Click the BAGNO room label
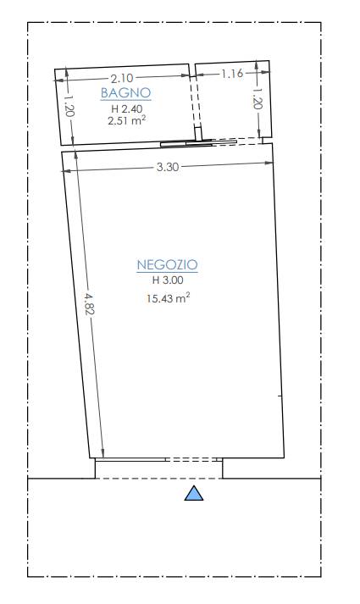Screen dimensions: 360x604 125,93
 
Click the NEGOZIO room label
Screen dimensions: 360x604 167,265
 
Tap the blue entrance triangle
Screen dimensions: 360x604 194,493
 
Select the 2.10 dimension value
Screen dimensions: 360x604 122,79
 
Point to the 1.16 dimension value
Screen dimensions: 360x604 232,73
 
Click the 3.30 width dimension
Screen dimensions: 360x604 168,167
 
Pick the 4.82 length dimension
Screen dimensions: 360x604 89,303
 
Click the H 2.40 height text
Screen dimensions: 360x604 127,109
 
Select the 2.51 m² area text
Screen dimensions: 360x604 127,121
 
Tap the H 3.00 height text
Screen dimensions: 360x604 168,280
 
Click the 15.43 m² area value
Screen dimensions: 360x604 168,298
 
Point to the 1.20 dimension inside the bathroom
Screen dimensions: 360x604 69,107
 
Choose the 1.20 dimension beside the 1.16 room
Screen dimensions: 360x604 258,98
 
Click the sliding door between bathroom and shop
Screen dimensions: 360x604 198,143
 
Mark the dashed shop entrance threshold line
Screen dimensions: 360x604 158,479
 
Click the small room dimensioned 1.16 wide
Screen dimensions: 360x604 233,100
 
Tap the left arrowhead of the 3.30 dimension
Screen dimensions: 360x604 66,170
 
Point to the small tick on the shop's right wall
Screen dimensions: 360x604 280,396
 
